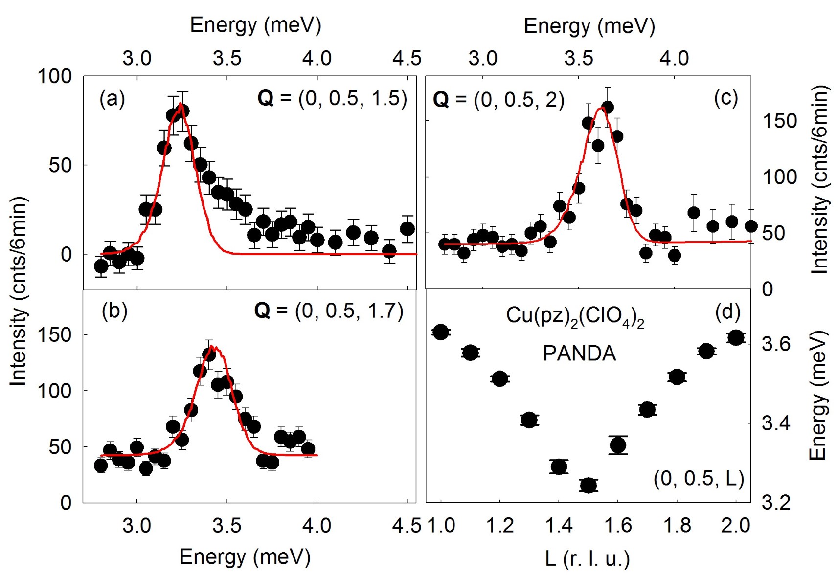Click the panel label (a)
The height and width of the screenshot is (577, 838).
click(x=112, y=99)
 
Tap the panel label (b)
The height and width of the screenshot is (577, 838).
click(x=114, y=311)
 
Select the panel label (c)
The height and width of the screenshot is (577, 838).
click(x=725, y=98)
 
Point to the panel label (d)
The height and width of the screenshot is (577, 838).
click(x=727, y=312)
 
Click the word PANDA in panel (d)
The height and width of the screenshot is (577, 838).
click(x=579, y=354)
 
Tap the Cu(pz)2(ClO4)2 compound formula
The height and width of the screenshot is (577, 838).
click(x=575, y=316)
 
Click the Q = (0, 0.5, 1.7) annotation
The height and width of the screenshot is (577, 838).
click(x=329, y=311)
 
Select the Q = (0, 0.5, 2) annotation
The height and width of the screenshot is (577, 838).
click(x=498, y=100)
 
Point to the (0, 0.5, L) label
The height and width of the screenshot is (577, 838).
click(x=699, y=478)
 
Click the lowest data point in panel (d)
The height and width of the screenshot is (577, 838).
click(x=589, y=485)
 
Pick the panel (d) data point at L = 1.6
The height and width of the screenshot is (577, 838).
click(x=618, y=445)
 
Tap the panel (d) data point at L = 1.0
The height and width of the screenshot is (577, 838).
click(x=441, y=332)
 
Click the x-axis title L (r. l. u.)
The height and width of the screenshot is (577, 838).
click(x=588, y=558)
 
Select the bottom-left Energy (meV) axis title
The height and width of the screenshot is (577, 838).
click(x=245, y=556)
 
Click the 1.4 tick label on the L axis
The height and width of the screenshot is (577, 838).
click(x=559, y=526)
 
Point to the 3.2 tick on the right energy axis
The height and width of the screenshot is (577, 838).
click(x=776, y=503)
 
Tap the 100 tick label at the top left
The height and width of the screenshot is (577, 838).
click(x=54, y=76)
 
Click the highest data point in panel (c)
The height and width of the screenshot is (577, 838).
click(x=608, y=107)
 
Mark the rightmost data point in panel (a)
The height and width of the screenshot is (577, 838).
click(x=408, y=228)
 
